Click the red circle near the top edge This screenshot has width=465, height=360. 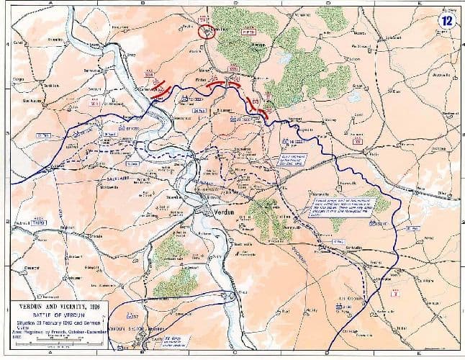[x=207, y=31]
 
